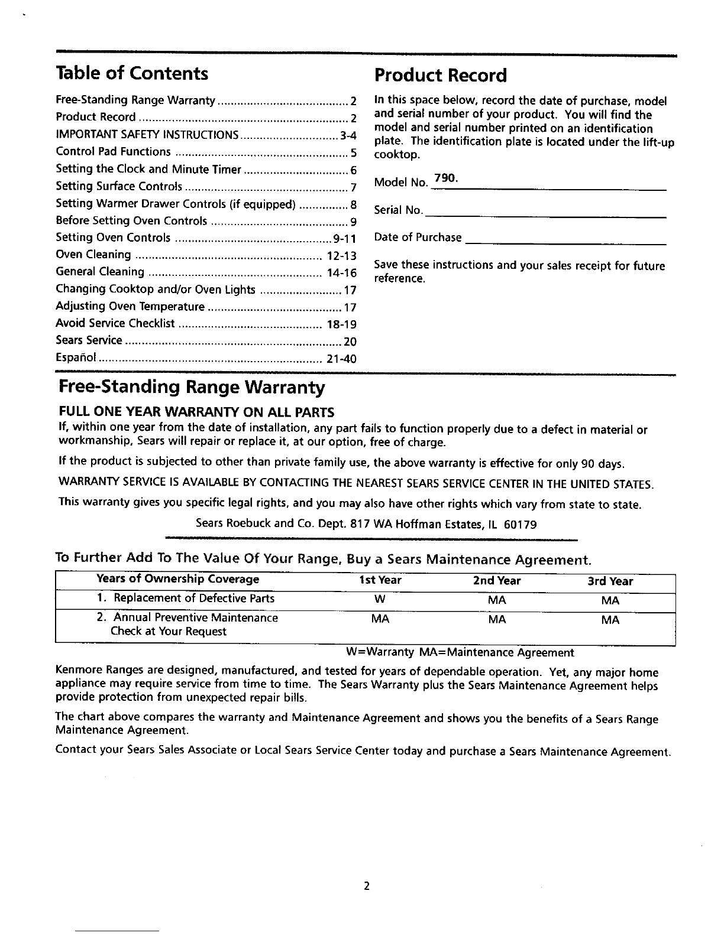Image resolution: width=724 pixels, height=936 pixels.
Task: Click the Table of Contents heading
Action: tap(132, 73)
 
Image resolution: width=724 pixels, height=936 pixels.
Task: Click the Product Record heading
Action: tap(441, 76)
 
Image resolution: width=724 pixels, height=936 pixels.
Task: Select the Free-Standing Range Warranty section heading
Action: tap(192, 388)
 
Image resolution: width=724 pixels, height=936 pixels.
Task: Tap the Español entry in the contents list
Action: tap(76, 358)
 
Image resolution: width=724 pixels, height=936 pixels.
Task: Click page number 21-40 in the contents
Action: tap(341, 359)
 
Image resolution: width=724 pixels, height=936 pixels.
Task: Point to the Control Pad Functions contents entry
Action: tap(113, 152)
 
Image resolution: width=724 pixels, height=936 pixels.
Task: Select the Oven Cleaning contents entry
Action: tap(93, 255)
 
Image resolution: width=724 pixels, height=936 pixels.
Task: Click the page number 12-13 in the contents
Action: tap(341, 256)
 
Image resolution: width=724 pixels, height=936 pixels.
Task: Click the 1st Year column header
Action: tap(380, 581)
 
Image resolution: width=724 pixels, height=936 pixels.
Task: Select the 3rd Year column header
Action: tap(610, 581)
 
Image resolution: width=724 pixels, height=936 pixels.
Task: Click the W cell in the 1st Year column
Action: tap(380, 599)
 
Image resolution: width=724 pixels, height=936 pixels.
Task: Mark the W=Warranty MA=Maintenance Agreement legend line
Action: tap(460, 653)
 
